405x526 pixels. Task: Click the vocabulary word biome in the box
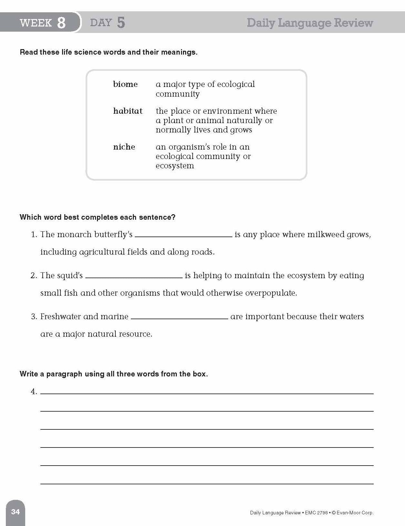point(125,84)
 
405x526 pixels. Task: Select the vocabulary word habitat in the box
point(128,111)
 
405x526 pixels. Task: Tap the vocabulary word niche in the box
point(124,147)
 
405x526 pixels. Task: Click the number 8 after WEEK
point(61,23)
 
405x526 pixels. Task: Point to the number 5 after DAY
point(121,23)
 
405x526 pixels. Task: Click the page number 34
point(16,512)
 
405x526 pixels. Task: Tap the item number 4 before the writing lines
point(34,392)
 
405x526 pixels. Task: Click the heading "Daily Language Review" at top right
point(310,23)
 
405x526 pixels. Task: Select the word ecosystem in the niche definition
point(175,166)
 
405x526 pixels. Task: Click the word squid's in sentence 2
point(70,276)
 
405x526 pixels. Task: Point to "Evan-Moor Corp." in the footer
point(356,513)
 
